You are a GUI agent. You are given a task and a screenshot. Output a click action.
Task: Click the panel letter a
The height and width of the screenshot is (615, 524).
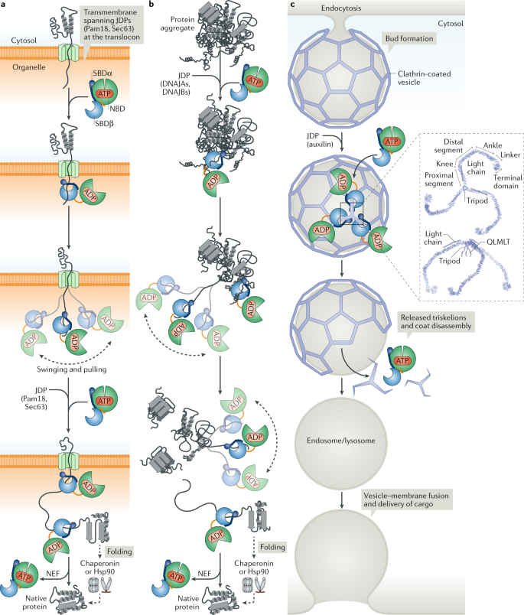point(5,5)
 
